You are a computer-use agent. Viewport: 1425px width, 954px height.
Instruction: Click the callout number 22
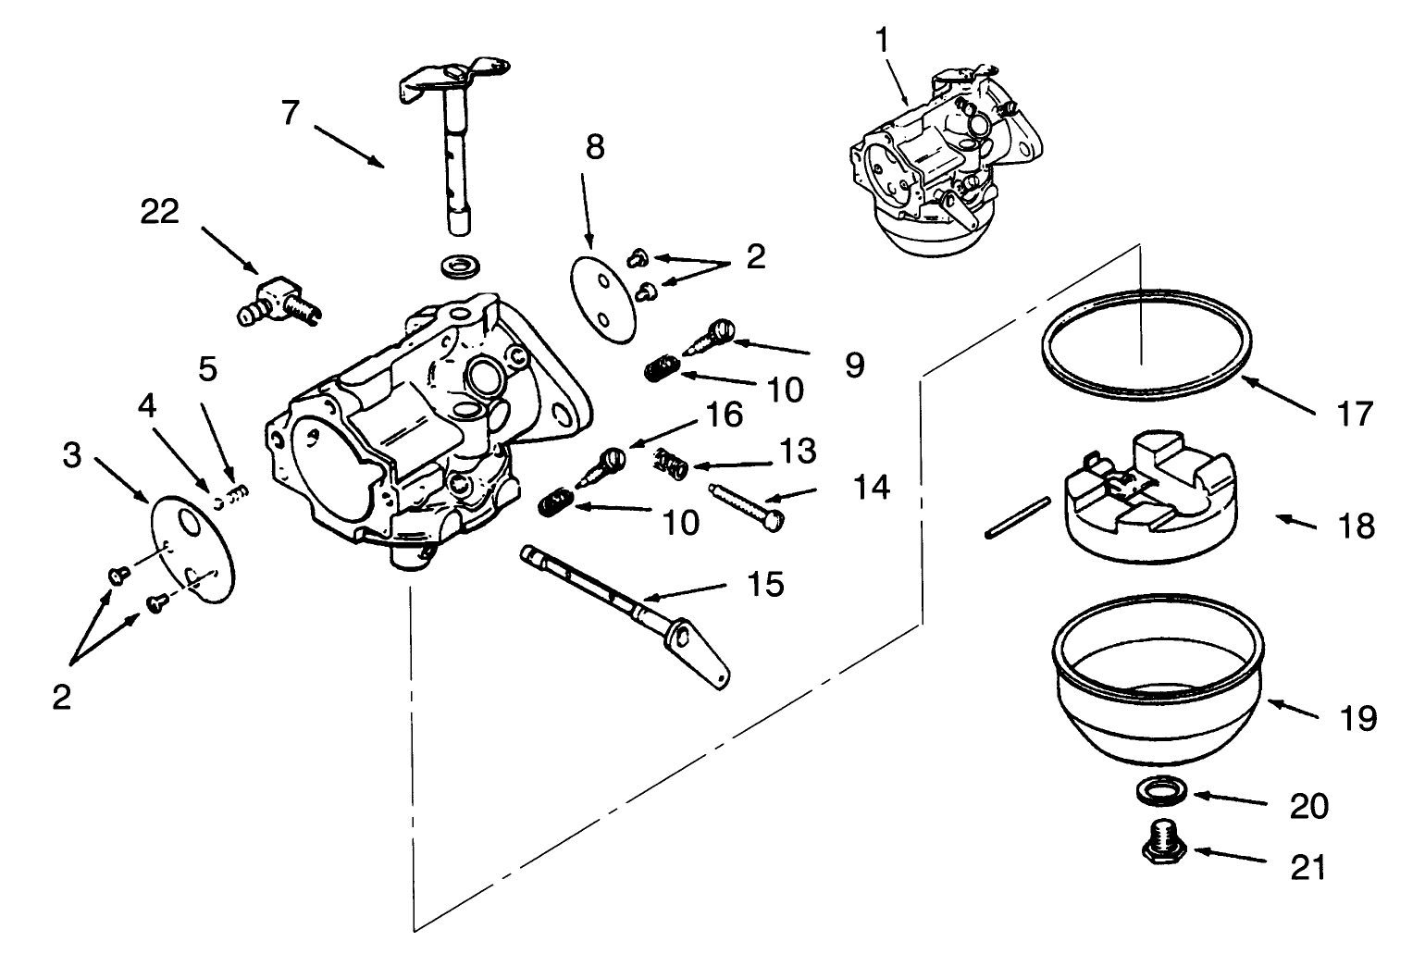coord(159,212)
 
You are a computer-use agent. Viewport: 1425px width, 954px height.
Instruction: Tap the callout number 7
coord(291,114)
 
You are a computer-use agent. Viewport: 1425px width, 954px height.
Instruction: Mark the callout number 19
coord(1357,718)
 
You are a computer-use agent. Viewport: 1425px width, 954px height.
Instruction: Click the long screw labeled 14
coord(746,504)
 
